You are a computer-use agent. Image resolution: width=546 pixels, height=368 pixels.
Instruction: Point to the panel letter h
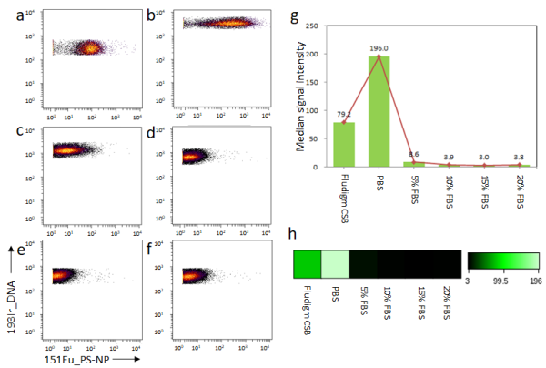point(292,233)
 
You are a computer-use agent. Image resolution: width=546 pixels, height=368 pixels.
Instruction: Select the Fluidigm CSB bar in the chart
point(344,145)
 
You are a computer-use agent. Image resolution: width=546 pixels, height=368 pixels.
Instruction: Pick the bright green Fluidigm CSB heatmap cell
point(308,263)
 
